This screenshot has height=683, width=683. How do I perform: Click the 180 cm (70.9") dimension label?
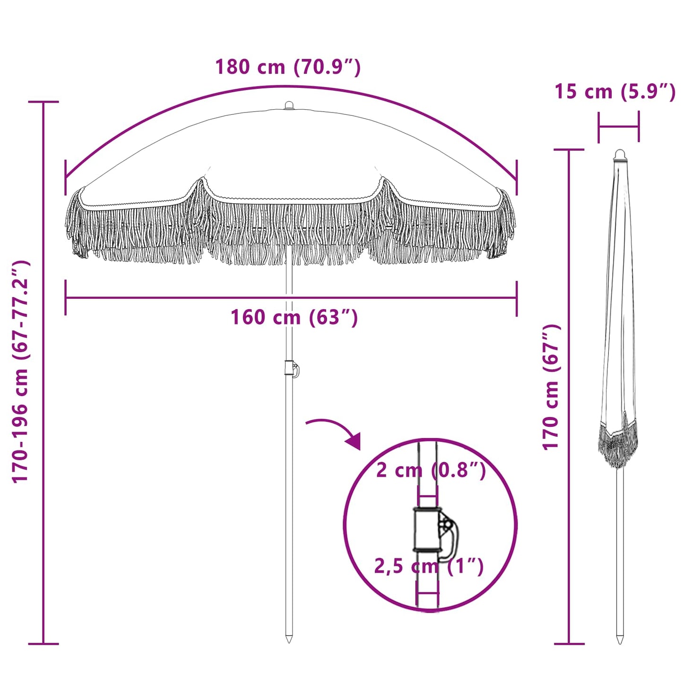[x=288, y=67]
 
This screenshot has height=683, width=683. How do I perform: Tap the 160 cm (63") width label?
[x=294, y=318]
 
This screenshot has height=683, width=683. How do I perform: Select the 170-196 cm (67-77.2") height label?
[x=21, y=372]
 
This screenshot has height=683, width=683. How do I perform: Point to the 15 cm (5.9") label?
[x=615, y=92]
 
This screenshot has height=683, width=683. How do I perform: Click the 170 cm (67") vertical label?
[x=551, y=387]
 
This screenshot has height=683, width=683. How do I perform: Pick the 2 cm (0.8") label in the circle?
[x=431, y=470]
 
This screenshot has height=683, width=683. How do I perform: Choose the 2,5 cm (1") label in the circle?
[x=429, y=566]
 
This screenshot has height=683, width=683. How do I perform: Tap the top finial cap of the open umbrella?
[x=289, y=105]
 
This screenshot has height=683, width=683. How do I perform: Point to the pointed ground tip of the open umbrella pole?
[x=289, y=639]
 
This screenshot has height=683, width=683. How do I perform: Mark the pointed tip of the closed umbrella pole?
[x=620, y=640]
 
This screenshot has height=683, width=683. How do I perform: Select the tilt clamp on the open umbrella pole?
[x=291, y=368]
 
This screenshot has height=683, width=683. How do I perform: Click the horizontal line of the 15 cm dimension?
[x=618, y=127]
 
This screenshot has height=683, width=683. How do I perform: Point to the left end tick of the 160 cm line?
[x=66, y=298]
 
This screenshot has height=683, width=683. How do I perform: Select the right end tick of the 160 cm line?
[x=517, y=298]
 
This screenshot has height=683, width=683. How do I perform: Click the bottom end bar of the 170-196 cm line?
[x=43, y=643]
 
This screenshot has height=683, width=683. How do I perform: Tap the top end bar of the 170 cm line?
[x=569, y=150]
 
